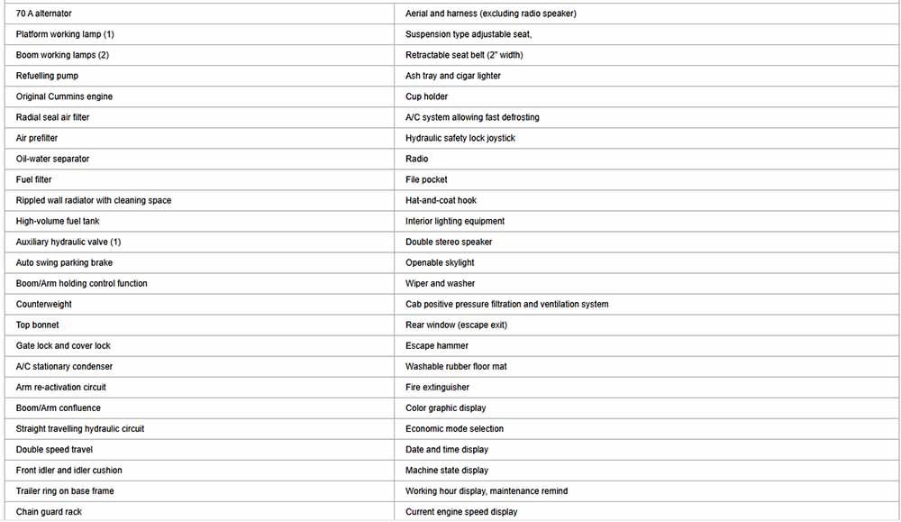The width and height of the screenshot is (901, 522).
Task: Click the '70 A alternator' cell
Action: pyautogui.click(x=44, y=14)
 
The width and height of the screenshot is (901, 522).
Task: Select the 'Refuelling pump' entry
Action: pyautogui.click(x=47, y=76)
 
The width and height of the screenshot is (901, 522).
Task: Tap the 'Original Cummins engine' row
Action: pyautogui.click(x=64, y=96)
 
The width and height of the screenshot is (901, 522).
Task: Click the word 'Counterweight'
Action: pyautogui.click(x=44, y=305)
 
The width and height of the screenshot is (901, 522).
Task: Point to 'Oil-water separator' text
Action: pyautogui.click(x=52, y=159)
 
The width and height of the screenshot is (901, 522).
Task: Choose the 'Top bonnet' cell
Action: pyautogui.click(x=38, y=325)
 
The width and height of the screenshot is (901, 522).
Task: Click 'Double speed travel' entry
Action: pyautogui.click(x=54, y=450)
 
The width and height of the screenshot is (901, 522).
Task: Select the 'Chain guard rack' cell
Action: pyautogui.click(x=49, y=512)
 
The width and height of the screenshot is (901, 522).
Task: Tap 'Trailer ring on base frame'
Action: pyautogui.click(x=65, y=491)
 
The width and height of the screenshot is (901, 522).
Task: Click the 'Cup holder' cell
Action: pyautogui.click(x=426, y=96)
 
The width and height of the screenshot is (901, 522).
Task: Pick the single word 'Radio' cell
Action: pyautogui.click(x=417, y=159)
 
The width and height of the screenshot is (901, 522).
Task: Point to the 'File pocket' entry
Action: pyautogui.click(x=426, y=179)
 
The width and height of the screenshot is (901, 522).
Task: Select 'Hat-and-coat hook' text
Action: pyautogui.click(x=441, y=200)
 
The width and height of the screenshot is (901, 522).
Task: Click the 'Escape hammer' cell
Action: pyautogui.click(x=437, y=346)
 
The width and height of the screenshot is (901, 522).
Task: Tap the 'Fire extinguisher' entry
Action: pyautogui.click(x=437, y=388)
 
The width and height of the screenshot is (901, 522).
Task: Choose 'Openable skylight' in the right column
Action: pyautogui.click(x=440, y=263)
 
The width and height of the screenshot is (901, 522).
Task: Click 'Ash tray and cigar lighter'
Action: pyautogui.click(x=453, y=76)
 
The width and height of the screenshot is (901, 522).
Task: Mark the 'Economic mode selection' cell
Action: pyautogui.click(x=454, y=429)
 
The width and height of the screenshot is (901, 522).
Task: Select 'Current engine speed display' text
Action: pyautogui.click(x=461, y=512)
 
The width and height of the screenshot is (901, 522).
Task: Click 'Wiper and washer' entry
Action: pyautogui.click(x=441, y=284)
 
